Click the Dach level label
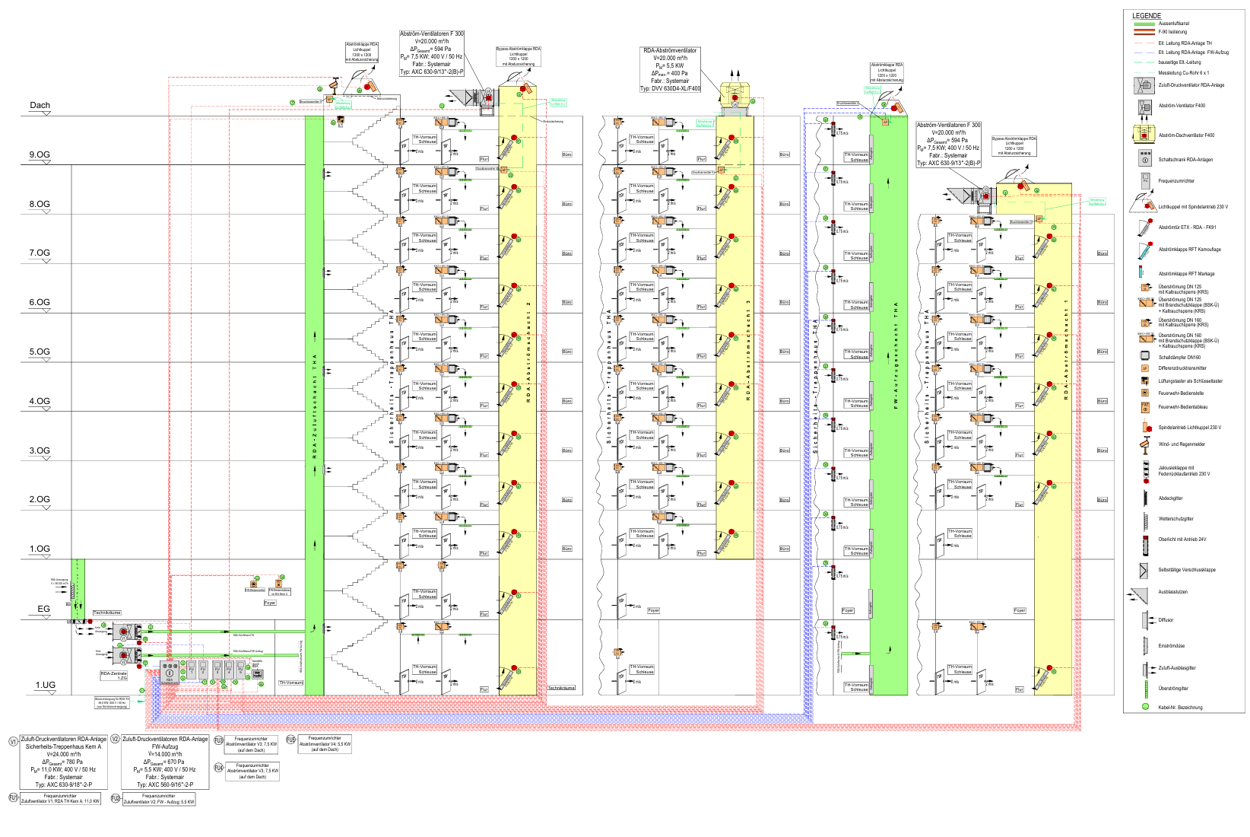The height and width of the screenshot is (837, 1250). coord(40,106)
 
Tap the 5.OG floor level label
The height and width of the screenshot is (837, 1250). coord(40,352)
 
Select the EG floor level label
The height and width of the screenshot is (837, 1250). coord(43,609)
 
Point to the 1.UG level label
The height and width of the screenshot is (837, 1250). coord(46,685)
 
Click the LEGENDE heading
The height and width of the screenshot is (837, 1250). coord(1146,16)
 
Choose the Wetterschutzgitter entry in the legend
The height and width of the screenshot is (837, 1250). coord(1175,519)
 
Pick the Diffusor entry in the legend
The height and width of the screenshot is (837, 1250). coord(1166,620)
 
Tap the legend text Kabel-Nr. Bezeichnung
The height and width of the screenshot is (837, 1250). coord(1180,708)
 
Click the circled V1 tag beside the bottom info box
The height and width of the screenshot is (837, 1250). coord(13,741)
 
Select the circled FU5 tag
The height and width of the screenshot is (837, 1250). coord(290,740)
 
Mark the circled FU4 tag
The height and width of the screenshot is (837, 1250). coord(218,769)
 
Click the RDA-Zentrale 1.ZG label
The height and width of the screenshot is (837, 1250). coord(113,675)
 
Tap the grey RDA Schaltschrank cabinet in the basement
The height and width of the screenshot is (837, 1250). coord(170,674)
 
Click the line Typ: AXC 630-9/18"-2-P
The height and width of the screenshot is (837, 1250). coord(63,784)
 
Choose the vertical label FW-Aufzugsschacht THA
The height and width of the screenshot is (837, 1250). coord(896,355)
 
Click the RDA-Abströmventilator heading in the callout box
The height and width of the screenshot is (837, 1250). coord(670,51)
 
